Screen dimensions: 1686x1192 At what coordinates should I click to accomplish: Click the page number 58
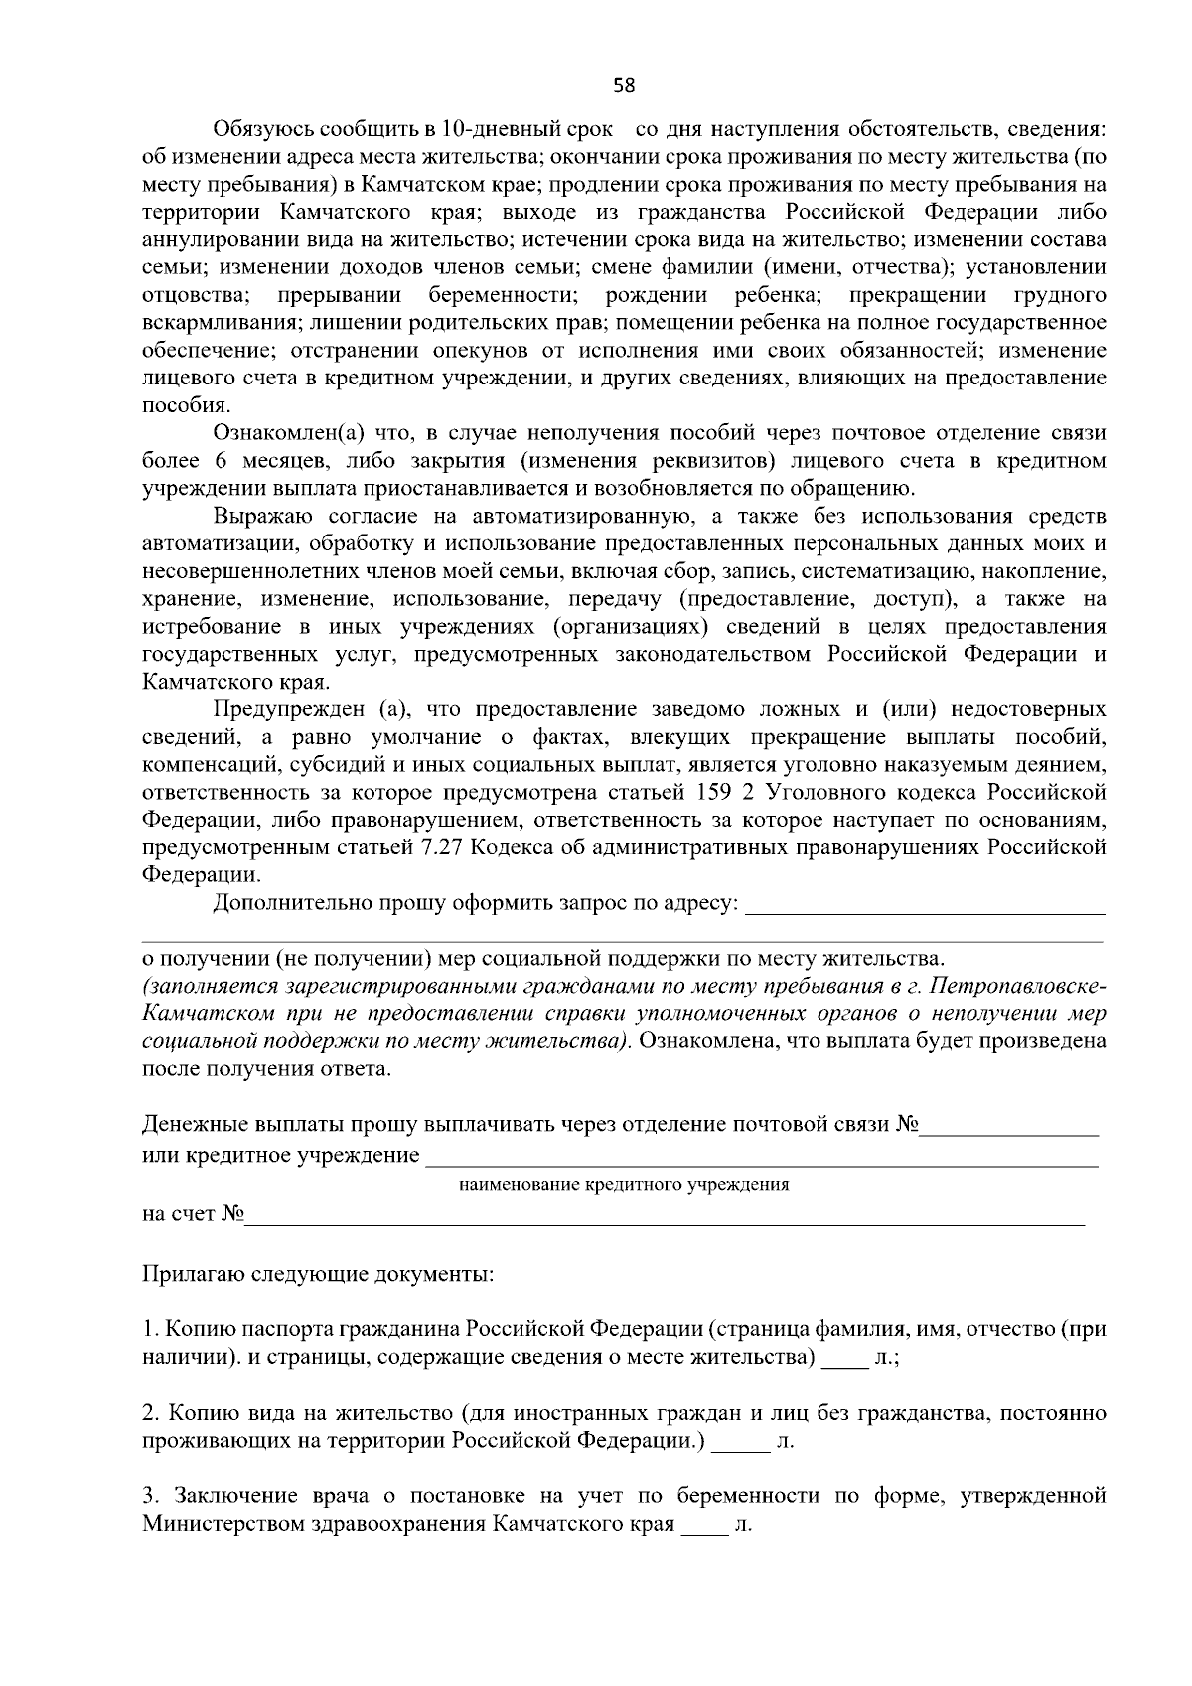pos(624,85)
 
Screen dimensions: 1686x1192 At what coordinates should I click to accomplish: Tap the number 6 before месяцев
pos(219,461)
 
